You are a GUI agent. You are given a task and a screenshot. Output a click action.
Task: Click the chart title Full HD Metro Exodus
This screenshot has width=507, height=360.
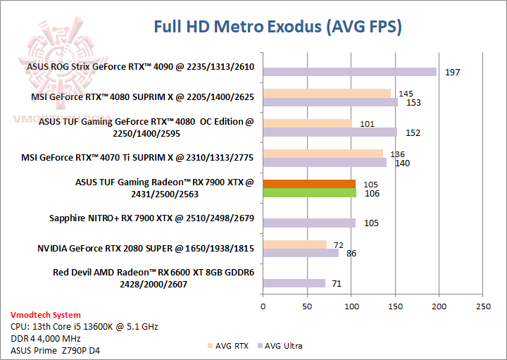[277, 27]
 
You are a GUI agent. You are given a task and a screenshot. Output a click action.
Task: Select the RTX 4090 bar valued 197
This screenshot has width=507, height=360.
[349, 72]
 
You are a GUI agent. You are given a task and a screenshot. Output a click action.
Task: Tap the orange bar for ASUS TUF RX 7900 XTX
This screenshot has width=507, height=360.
[308, 184]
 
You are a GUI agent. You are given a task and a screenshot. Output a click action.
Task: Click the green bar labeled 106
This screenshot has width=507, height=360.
[309, 192]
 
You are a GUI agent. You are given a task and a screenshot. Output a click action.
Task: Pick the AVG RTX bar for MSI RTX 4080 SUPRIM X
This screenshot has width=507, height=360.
[327, 93]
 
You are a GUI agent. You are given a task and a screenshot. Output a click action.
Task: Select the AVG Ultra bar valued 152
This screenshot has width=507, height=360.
[330, 132]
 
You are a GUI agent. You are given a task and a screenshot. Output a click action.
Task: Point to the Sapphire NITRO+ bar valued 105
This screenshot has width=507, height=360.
[308, 223]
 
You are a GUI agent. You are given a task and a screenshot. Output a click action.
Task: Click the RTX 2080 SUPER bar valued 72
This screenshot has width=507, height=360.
[294, 244]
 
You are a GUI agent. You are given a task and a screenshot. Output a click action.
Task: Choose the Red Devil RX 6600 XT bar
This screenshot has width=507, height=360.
[294, 283]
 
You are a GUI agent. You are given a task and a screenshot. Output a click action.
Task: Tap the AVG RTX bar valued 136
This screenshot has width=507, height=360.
[323, 154]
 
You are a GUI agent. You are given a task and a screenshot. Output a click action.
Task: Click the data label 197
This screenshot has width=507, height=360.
[452, 73]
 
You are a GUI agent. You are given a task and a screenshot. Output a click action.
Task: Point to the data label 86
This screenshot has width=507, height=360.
[351, 253]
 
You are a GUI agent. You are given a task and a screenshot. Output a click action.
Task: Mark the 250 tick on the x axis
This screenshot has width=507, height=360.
[483, 306]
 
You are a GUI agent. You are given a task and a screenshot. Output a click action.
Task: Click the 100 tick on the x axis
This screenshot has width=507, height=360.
[351, 306]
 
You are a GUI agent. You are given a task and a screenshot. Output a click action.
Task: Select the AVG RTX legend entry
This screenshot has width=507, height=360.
[229, 346]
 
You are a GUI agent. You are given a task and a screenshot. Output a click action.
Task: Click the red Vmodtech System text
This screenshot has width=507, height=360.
[45, 315]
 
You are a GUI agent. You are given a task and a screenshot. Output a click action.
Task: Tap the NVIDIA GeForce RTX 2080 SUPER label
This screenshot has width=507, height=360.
[146, 249]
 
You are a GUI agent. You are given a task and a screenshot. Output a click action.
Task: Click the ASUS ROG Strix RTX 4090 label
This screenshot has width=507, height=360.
[140, 68]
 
